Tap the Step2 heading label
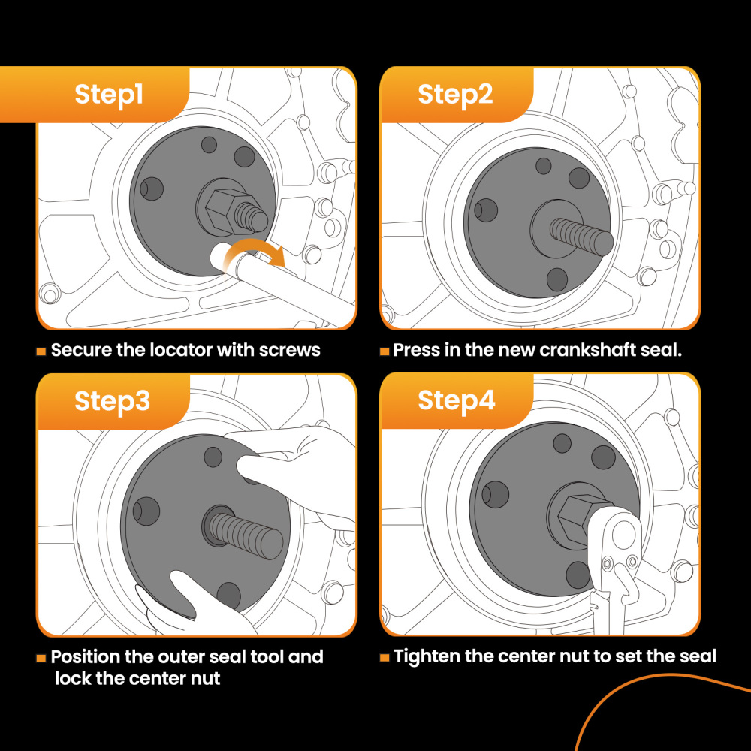point(455,95)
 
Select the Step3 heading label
point(112,401)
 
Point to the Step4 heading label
point(456,400)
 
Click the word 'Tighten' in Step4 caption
point(427,657)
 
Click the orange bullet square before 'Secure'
point(41,351)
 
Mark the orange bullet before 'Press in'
point(385,351)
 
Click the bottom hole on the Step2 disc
point(557,280)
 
